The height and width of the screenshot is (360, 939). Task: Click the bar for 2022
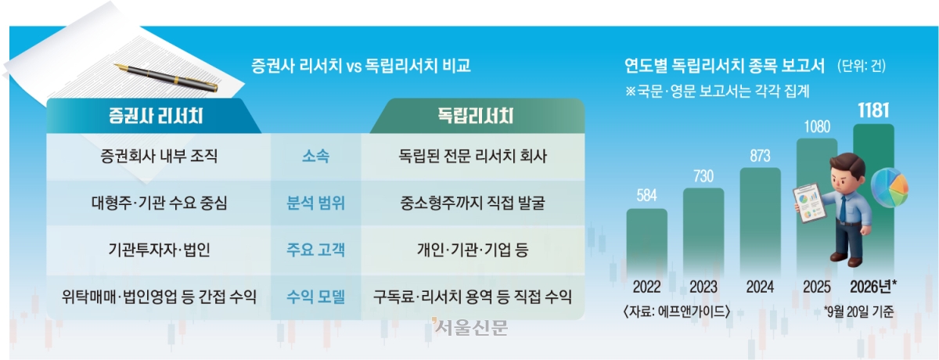tap(647, 243)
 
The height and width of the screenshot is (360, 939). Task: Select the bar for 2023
tap(703, 232)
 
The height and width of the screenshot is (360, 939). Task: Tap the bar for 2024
tap(760, 222)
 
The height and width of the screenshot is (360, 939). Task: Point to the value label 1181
tap(873, 110)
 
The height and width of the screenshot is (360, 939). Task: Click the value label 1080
tap(817, 127)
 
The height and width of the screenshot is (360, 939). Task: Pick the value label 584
tap(646, 196)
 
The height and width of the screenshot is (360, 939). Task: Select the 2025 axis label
tap(817, 287)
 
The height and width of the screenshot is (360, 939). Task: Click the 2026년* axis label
tap(873, 286)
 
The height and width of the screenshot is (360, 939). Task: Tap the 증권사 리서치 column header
tap(156, 116)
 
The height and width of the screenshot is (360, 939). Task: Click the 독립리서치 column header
tap(476, 116)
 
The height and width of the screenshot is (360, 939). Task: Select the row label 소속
tap(315, 157)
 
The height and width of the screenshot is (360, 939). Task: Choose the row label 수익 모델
tap(315, 297)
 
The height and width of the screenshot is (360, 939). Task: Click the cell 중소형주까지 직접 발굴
tap(473, 203)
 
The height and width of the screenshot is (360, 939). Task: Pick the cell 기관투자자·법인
tap(160, 250)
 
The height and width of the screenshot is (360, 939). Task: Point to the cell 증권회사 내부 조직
tap(159, 157)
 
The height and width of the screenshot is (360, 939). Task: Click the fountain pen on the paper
tap(166, 77)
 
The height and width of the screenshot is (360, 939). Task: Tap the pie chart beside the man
tap(890, 187)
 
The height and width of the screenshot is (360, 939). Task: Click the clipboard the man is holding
tap(808, 203)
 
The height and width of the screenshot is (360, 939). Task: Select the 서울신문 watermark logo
tap(470, 327)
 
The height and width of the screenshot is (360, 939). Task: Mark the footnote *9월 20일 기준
tap(858, 311)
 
